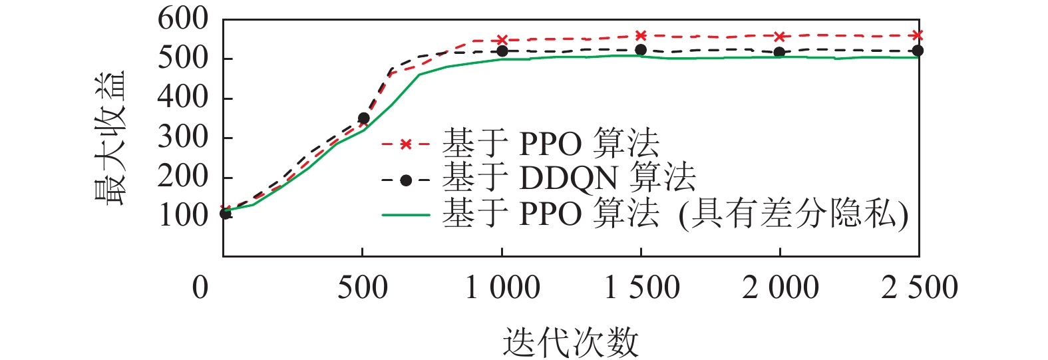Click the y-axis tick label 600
click(183, 19)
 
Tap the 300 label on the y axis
click(183, 138)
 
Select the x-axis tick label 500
click(362, 288)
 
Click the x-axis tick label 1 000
click(502, 288)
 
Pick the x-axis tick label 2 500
click(920, 288)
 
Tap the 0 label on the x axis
click(200, 288)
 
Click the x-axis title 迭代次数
click(570, 343)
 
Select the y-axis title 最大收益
click(109, 138)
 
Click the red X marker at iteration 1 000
click(502, 41)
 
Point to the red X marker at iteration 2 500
click(918, 35)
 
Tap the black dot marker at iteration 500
click(363, 118)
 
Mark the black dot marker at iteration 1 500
click(641, 50)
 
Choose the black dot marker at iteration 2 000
click(779, 52)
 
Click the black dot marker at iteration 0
click(226, 214)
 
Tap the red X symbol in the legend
click(406, 144)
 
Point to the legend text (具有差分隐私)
click(793, 215)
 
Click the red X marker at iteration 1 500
click(641, 35)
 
